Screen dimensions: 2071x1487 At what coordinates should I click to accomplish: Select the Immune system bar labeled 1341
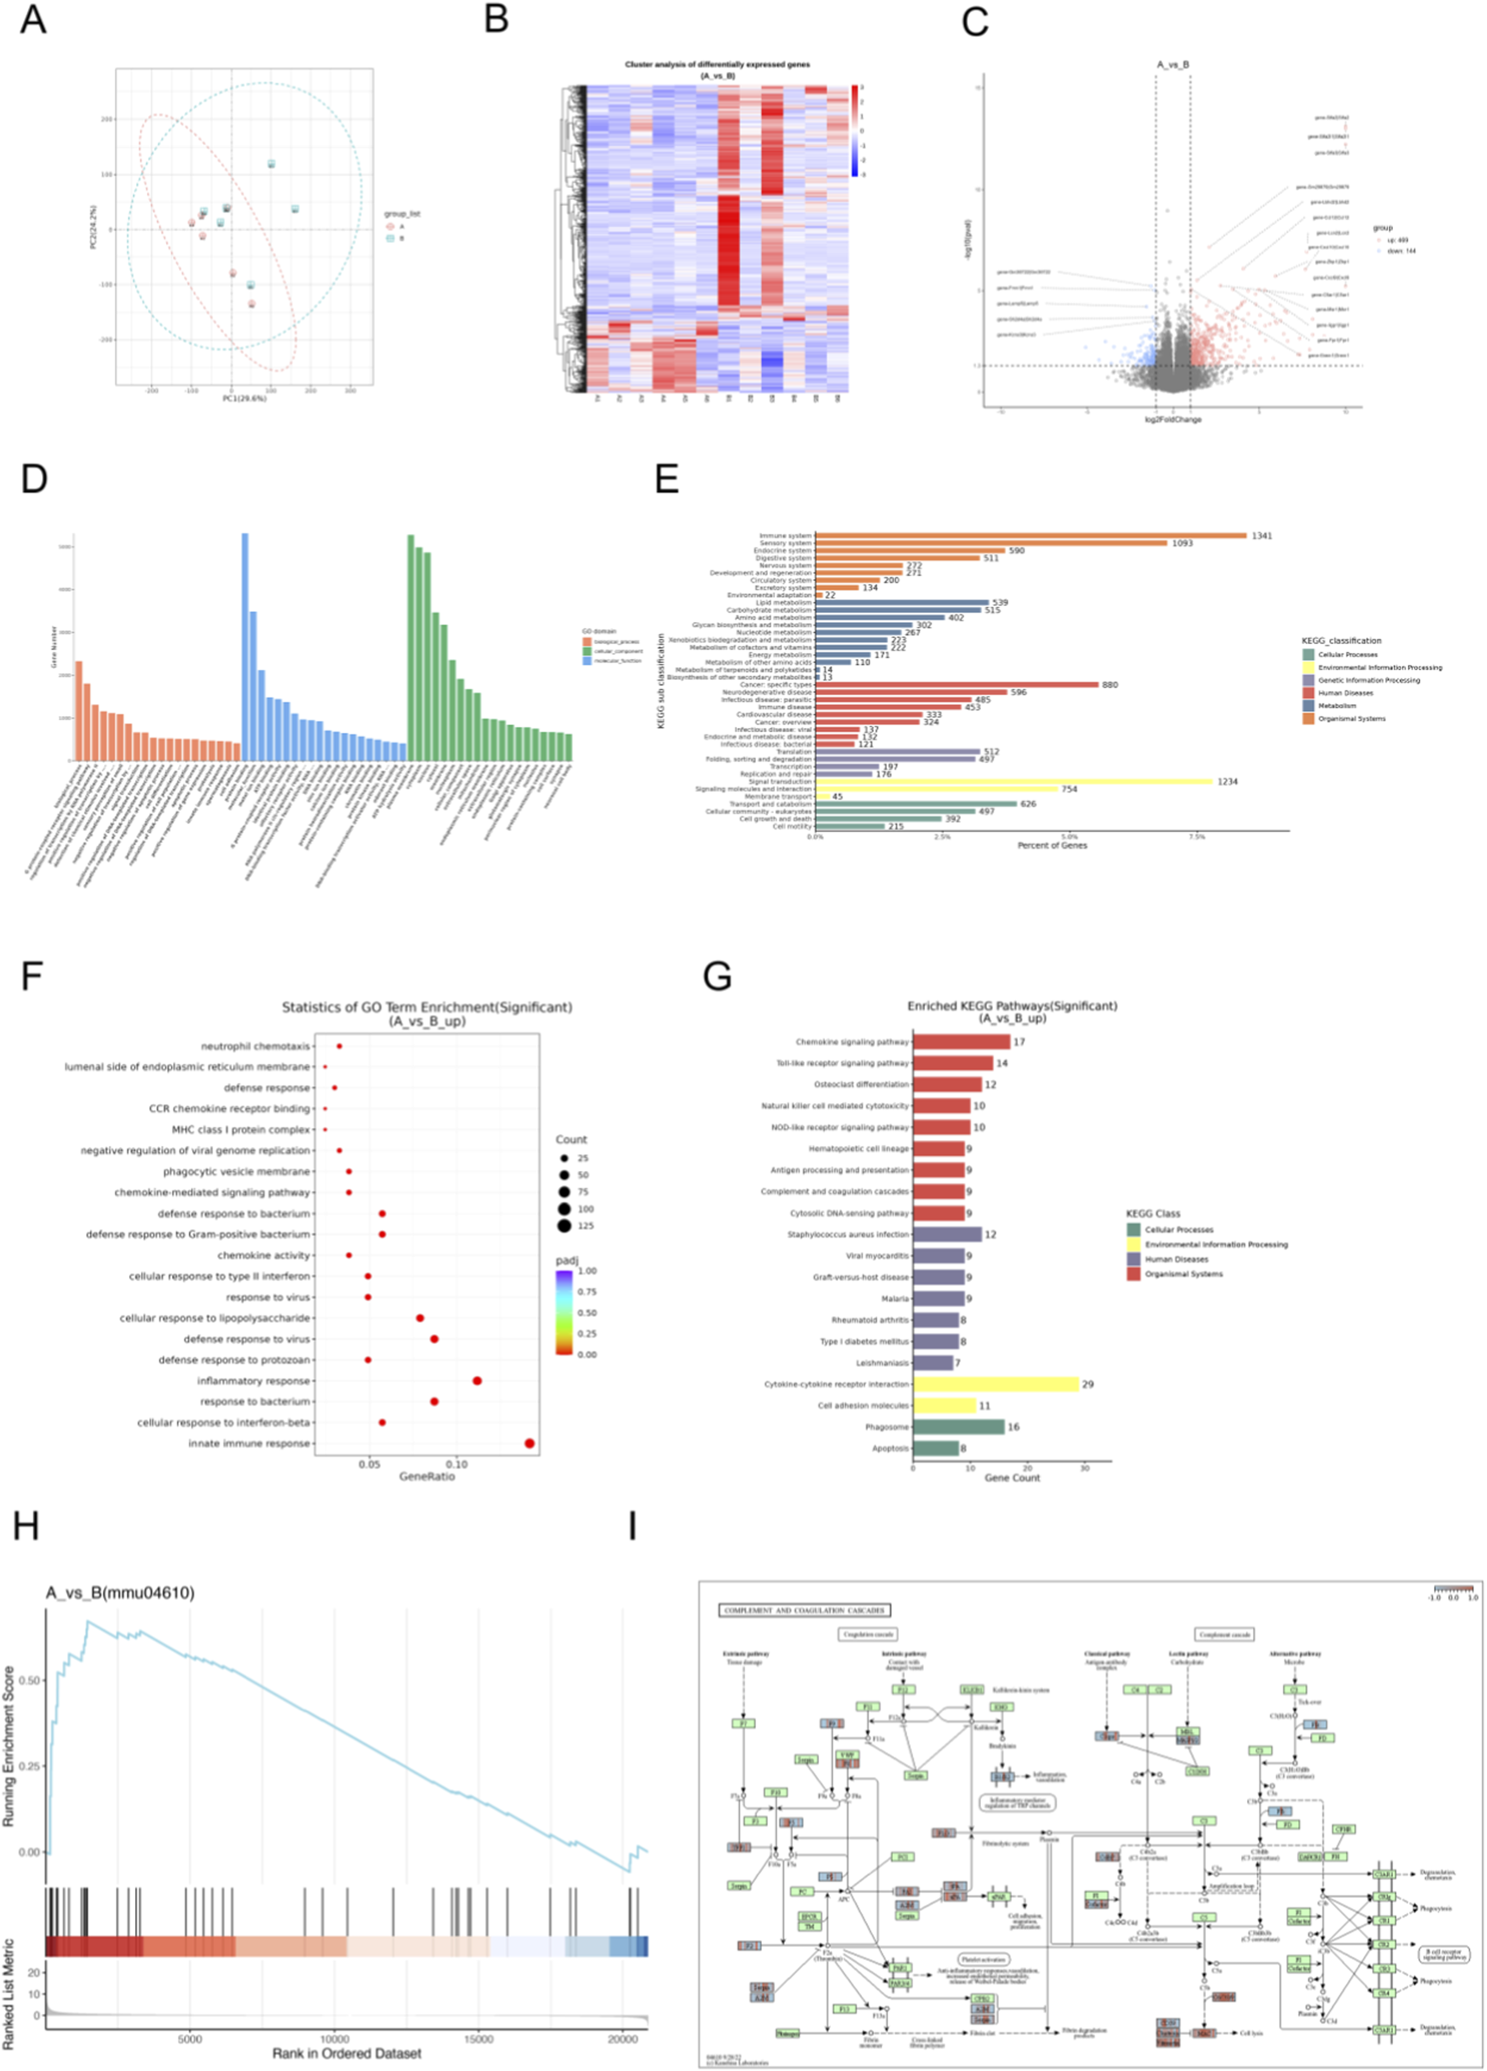[1030, 536]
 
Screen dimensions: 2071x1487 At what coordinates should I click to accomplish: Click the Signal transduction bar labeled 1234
[1013, 782]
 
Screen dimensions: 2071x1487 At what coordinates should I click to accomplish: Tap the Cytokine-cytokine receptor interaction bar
[995, 1384]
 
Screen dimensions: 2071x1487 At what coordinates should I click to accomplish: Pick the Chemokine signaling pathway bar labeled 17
[961, 1042]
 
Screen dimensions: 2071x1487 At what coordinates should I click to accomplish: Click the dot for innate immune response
[530, 1444]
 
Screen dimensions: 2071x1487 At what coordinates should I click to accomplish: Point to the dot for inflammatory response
[477, 1381]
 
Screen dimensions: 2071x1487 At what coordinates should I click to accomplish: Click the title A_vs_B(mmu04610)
[119, 1593]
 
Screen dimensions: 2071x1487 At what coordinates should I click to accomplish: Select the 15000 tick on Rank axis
[478, 2038]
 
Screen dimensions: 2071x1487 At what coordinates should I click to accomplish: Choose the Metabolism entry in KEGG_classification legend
[1337, 706]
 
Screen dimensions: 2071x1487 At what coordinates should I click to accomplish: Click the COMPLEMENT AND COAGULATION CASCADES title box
[804, 1610]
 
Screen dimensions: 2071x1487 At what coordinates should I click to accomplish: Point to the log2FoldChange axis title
[1173, 420]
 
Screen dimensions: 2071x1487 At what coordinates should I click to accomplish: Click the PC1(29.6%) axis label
[245, 399]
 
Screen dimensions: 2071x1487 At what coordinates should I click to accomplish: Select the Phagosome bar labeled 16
[957, 1427]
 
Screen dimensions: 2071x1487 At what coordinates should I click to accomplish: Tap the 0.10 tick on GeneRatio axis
[457, 1464]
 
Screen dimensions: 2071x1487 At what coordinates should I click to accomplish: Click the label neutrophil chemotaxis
[256, 1047]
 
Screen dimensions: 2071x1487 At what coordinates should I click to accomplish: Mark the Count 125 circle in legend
[565, 1226]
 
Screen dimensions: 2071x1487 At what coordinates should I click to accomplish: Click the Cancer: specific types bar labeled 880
[956, 685]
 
